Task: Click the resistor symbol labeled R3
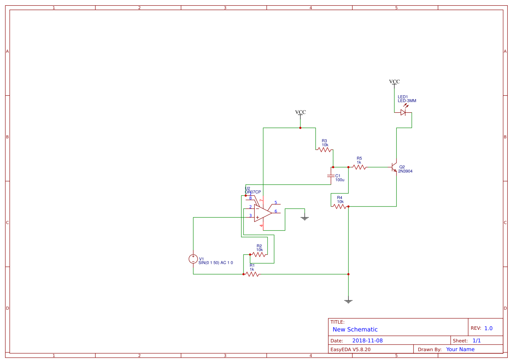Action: pos(324,150)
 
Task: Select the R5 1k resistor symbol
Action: pos(359,167)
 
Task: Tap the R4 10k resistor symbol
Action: pos(340,206)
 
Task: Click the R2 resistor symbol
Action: pos(259,254)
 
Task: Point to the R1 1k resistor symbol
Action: pos(252,274)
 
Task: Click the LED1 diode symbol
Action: pos(403,112)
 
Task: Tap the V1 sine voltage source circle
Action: pos(193,259)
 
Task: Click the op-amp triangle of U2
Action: pos(262,213)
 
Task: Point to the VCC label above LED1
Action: pos(394,82)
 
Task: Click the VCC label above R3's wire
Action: pos(300,112)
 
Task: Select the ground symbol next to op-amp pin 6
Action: pos(305,218)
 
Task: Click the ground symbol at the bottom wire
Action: pos(348,301)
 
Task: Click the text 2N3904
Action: pos(405,171)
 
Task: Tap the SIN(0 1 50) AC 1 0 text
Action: pos(215,263)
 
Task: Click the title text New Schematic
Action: pos(355,329)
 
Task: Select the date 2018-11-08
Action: pos(367,341)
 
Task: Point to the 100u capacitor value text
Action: pos(340,180)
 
